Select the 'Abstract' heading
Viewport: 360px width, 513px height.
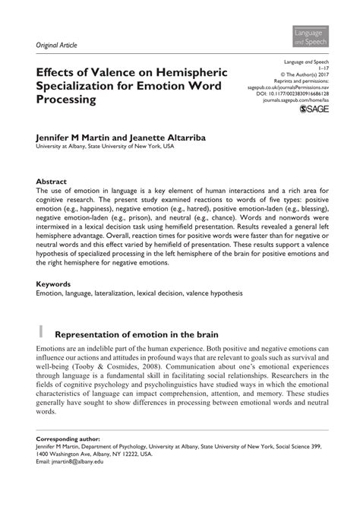point(51,182)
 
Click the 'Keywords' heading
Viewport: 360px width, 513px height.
point(54,283)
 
